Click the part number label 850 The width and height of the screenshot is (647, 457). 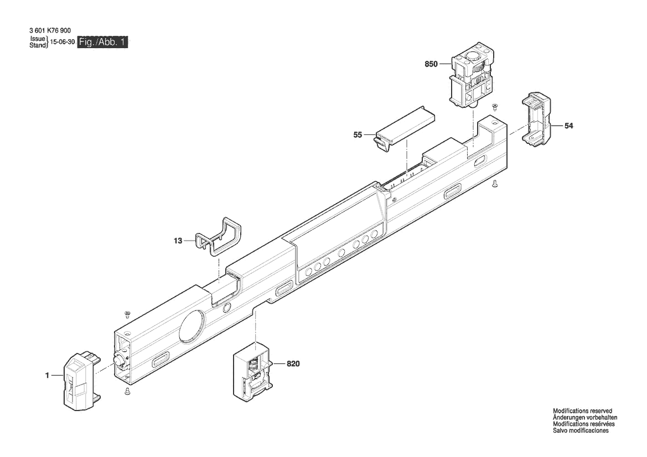(x=431, y=64)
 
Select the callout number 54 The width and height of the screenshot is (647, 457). (x=568, y=126)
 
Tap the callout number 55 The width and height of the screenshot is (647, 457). (x=358, y=135)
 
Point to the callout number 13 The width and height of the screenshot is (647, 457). (x=178, y=241)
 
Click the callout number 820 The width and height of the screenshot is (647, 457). (x=293, y=364)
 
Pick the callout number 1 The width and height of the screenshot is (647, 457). (x=48, y=375)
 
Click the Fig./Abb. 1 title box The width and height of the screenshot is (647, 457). (x=102, y=42)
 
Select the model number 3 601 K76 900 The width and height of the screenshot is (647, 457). (x=50, y=30)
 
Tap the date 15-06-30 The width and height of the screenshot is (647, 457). (x=63, y=42)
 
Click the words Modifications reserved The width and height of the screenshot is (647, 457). (x=582, y=411)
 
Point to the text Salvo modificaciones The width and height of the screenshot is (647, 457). (x=581, y=430)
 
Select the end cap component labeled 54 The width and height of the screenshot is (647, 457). (x=536, y=120)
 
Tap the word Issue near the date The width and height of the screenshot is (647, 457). (x=38, y=39)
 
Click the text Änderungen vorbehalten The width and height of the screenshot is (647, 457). (x=585, y=417)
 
